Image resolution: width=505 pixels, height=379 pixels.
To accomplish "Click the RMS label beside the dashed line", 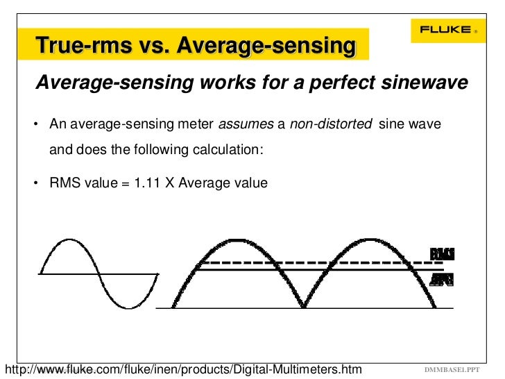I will [x=442, y=254].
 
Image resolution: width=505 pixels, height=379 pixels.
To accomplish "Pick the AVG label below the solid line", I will [x=442, y=279].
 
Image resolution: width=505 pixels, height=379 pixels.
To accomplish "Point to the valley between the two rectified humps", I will [x=303, y=305].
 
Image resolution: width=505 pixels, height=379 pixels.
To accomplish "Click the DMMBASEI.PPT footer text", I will [x=452, y=368].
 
